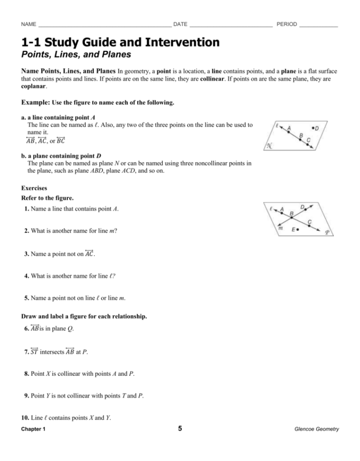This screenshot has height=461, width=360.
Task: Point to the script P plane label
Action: [x=327, y=233]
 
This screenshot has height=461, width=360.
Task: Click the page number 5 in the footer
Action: [x=180, y=429]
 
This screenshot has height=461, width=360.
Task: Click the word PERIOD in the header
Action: [x=286, y=24]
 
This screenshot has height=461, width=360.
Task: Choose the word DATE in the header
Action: [x=180, y=24]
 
